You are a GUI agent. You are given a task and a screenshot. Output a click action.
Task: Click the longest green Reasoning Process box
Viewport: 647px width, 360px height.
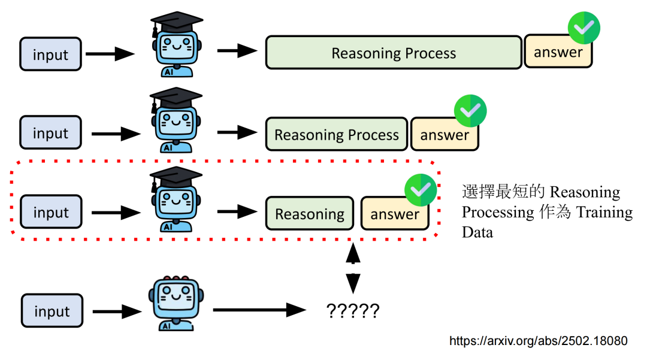(x=394, y=52)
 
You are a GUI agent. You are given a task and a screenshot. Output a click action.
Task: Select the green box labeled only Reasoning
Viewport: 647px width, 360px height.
(x=310, y=213)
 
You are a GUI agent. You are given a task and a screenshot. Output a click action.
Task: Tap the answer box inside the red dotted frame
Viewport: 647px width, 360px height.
(x=395, y=213)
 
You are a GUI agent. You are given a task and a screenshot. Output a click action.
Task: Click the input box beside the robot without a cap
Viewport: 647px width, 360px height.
(x=52, y=310)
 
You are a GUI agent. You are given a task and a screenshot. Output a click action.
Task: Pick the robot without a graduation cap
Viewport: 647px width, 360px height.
(x=176, y=303)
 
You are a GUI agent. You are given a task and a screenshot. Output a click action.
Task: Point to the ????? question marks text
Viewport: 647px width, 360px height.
(x=353, y=310)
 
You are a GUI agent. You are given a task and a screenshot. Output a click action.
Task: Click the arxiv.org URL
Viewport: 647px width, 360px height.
(x=539, y=341)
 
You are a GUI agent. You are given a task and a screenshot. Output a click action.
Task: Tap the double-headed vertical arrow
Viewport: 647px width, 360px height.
(x=353, y=268)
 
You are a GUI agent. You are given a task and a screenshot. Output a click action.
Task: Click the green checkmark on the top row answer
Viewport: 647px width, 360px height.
(x=584, y=28)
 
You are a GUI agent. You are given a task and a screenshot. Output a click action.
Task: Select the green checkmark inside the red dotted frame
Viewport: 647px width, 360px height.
(x=421, y=190)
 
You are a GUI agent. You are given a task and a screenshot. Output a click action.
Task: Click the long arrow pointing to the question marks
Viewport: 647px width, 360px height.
(x=259, y=310)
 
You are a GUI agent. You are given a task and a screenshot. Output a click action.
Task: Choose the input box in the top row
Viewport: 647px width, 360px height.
(x=50, y=54)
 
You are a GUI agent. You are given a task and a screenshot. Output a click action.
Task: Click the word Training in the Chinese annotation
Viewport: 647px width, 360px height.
(x=604, y=212)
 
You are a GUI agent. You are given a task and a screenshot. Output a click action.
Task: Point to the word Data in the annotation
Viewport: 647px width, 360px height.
(x=477, y=232)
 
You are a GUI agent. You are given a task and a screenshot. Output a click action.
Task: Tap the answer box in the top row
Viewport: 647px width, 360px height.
(x=558, y=51)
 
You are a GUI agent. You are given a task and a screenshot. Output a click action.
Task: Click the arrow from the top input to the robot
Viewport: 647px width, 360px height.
(x=110, y=53)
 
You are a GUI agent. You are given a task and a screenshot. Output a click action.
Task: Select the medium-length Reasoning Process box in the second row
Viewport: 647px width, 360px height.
(x=337, y=134)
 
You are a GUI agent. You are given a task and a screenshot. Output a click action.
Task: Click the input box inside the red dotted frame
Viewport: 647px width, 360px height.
(x=51, y=212)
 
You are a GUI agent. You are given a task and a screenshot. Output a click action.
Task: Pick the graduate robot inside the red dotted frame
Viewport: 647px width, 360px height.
(x=176, y=199)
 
